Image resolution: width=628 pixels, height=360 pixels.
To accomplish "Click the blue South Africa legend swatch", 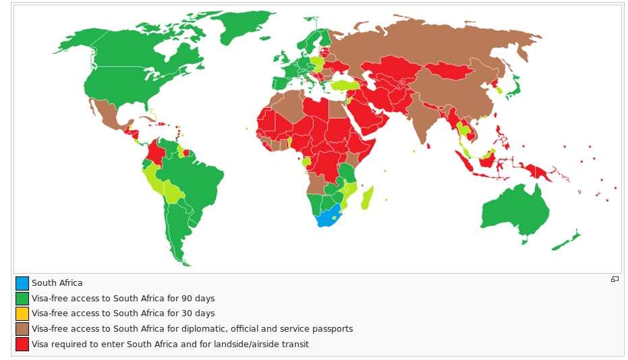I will click(x=22, y=283).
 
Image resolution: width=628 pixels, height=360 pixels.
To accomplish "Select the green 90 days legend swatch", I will click(x=22, y=299).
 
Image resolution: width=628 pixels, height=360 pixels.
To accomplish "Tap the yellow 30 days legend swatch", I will click(x=22, y=313).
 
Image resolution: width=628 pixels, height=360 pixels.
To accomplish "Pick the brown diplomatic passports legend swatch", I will click(x=22, y=329).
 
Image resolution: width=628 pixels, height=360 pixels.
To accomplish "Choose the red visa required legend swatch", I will click(x=22, y=344).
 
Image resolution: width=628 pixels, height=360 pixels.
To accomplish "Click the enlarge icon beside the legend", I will click(x=615, y=280).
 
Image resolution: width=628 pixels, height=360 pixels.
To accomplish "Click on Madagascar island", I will click(x=368, y=199).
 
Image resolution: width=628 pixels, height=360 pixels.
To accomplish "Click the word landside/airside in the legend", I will click(x=279, y=344).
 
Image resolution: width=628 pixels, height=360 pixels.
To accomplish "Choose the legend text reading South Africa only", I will click(x=57, y=283).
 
